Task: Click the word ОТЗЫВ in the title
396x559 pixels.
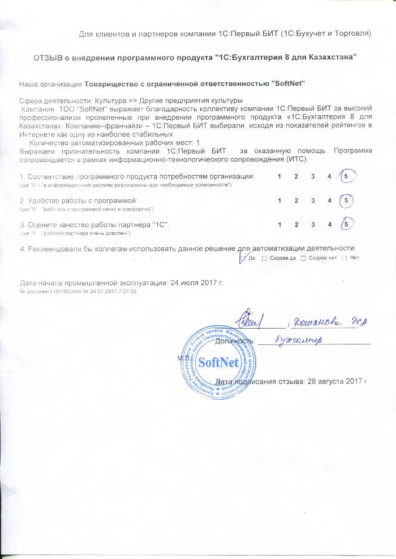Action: pyautogui.click(x=48, y=58)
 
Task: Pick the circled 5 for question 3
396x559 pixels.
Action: pyautogui.click(x=347, y=224)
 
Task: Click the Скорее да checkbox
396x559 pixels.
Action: pyautogui.click(x=265, y=258)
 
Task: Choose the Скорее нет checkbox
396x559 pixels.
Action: pyautogui.click(x=303, y=258)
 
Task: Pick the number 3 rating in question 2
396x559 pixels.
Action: pyautogui.click(x=313, y=200)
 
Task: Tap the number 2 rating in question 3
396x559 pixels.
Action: pyautogui.click(x=296, y=224)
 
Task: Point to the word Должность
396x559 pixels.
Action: pyautogui.click(x=235, y=340)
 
